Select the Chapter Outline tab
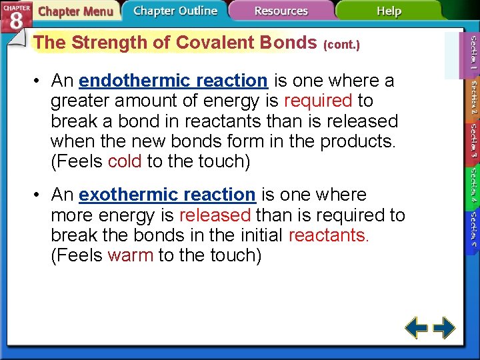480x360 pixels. tap(175, 11)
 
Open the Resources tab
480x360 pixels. tap(281, 11)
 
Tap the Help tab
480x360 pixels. tap(389, 11)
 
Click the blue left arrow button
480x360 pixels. tap(417, 328)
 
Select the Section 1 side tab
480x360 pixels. tap(473, 53)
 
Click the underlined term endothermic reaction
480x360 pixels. tap(173, 81)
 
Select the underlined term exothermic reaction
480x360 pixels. tap(167, 195)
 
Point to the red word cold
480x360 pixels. tap(125, 161)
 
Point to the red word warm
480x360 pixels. tap(130, 255)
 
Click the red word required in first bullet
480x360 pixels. tap(317, 101)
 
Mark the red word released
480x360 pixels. tap(215, 215)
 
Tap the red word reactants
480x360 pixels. tap(329, 235)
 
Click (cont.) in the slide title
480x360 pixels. tap(341, 45)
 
